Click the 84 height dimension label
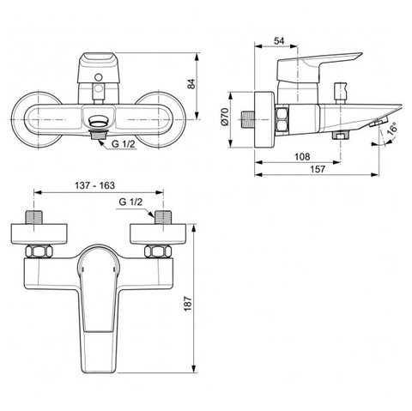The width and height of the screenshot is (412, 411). [191, 84]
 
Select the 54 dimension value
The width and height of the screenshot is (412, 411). [279, 41]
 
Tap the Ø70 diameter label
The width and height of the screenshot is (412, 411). [225, 117]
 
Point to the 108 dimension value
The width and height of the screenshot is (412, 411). [302, 156]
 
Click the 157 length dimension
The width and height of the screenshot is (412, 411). [318, 169]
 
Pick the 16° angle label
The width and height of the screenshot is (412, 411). [392, 129]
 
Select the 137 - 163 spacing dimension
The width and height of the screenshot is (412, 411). [94, 185]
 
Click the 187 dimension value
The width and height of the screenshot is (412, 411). [188, 304]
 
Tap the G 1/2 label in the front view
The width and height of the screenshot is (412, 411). [124, 144]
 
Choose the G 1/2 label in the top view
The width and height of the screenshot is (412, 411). [130, 202]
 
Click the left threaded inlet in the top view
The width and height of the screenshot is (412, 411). [34, 217]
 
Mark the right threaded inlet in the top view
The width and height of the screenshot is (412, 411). [163, 217]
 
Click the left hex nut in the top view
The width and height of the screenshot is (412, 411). [39, 251]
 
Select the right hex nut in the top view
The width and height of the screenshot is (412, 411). [158, 251]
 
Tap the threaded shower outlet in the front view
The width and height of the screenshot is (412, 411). [99, 135]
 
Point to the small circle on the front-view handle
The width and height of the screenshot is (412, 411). [99, 77]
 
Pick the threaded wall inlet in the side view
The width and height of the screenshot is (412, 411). [246, 119]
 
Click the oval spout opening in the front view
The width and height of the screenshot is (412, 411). [99, 121]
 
